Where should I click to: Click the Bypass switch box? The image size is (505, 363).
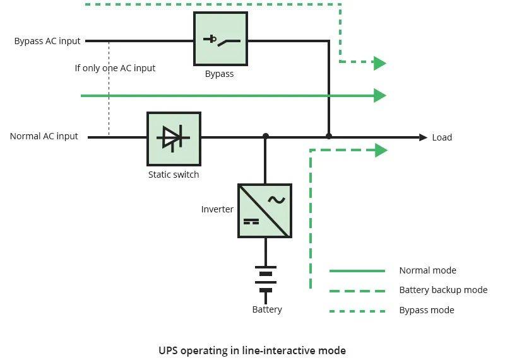(x=220, y=39)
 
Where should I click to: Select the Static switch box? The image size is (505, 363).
(x=174, y=139)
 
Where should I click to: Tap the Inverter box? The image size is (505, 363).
(x=264, y=211)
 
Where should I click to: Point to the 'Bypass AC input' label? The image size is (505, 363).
(x=47, y=41)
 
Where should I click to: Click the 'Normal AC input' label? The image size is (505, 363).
(x=44, y=136)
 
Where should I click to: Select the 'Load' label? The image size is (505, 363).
(x=442, y=137)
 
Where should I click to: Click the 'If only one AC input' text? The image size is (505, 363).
(x=115, y=68)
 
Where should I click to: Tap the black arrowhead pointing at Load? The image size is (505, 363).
(x=423, y=137)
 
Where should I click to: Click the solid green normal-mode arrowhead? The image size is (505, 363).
(x=380, y=96)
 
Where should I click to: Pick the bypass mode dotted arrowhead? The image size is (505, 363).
(x=380, y=63)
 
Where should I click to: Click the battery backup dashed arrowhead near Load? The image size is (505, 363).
(x=381, y=151)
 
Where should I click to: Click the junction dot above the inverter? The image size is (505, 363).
(x=265, y=136)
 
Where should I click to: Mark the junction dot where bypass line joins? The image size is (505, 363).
(x=328, y=136)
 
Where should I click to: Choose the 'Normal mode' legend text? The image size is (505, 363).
(x=428, y=270)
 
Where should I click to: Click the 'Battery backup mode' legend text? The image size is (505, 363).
(x=444, y=290)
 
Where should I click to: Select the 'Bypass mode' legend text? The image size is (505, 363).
(x=427, y=310)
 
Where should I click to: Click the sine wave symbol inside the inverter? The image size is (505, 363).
(x=276, y=200)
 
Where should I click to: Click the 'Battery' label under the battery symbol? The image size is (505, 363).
(x=267, y=309)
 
